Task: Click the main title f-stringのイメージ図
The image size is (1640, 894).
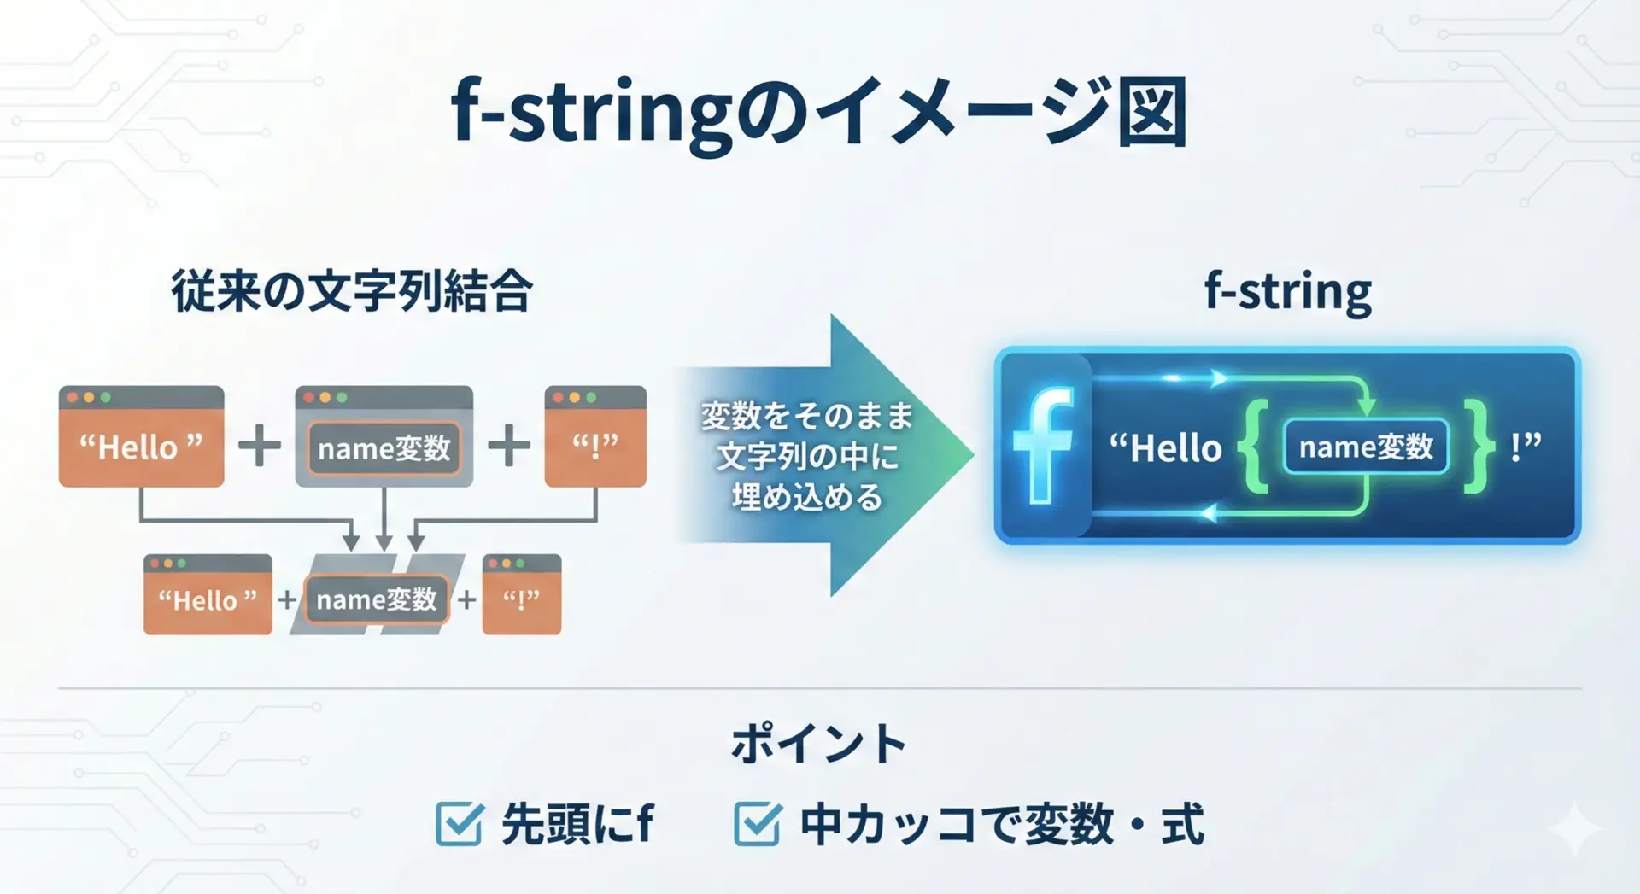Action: pyautogui.click(x=818, y=114)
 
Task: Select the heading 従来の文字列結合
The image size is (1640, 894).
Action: pyautogui.click(x=352, y=291)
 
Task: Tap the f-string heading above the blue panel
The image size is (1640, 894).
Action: pyautogui.click(x=1287, y=292)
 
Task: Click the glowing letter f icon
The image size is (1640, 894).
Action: pyautogui.click(x=1044, y=445)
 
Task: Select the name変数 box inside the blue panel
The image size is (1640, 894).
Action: pyautogui.click(x=1366, y=447)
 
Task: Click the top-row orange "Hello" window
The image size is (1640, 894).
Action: pyautogui.click(x=142, y=436)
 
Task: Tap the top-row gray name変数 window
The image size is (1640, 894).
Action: pyautogui.click(x=384, y=436)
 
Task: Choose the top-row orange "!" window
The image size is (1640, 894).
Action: pyautogui.click(x=595, y=436)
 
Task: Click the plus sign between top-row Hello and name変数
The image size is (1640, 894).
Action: pyautogui.click(x=260, y=446)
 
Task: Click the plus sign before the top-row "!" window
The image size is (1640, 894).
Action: pyautogui.click(x=509, y=446)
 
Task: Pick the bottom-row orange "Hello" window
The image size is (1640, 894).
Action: pyautogui.click(x=208, y=594)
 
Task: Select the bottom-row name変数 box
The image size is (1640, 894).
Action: pyautogui.click(x=377, y=599)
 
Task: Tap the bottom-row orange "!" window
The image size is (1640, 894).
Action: pyautogui.click(x=522, y=594)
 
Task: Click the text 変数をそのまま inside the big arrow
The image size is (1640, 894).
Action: pyautogui.click(x=807, y=416)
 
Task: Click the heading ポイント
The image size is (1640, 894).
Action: pyautogui.click(x=818, y=744)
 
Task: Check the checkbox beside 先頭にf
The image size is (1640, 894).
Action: pyautogui.click(x=460, y=823)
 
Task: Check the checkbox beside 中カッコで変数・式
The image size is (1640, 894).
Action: pyautogui.click(x=758, y=823)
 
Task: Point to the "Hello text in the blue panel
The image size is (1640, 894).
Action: pyautogui.click(x=1166, y=447)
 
